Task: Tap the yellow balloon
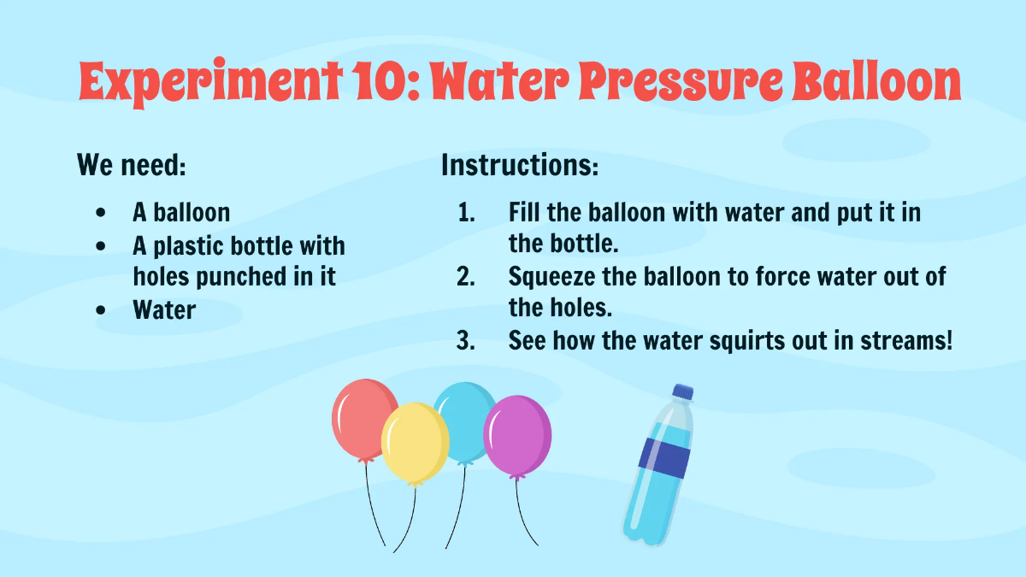(x=415, y=443)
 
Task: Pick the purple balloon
(x=517, y=433)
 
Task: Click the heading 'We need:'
(x=131, y=164)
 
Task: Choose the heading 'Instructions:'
(x=520, y=164)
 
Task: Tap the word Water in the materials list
(x=164, y=309)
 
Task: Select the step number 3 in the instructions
(x=466, y=341)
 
